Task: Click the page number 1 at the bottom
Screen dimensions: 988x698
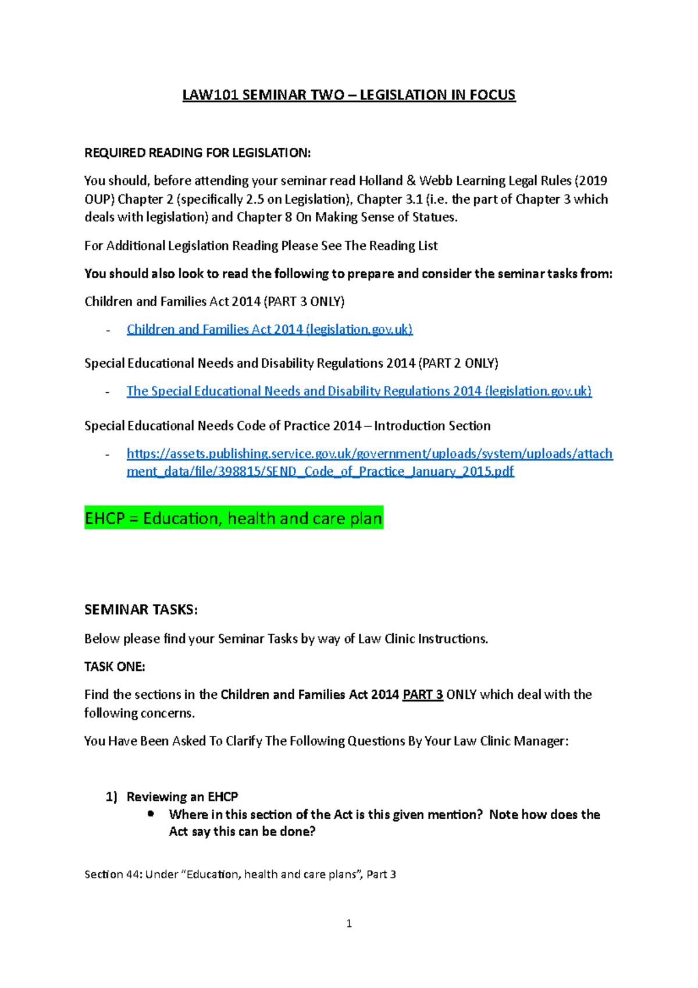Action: [x=349, y=923]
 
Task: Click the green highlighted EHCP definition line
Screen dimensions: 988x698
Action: [x=233, y=518]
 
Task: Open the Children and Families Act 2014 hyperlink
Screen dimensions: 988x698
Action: [x=269, y=329]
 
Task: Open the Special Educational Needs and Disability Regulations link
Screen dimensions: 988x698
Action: [x=359, y=391]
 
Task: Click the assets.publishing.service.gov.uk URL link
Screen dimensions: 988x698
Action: [x=369, y=454]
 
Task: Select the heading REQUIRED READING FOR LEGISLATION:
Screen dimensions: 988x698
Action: [x=198, y=153]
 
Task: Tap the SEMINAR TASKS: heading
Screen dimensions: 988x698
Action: [x=141, y=610]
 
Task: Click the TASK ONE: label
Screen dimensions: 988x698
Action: [x=115, y=667]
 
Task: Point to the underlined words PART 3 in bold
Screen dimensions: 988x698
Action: [x=423, y=695]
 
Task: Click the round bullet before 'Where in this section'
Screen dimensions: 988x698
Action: [x=151, y=814]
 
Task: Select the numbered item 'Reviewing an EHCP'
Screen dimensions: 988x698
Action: [x=182, y=797]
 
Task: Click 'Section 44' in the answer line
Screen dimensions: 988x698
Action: [x=112, y=874]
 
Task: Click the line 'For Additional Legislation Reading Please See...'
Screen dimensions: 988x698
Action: [x=261, y=246]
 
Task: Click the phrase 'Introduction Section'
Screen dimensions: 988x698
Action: [x=432, y=426]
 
